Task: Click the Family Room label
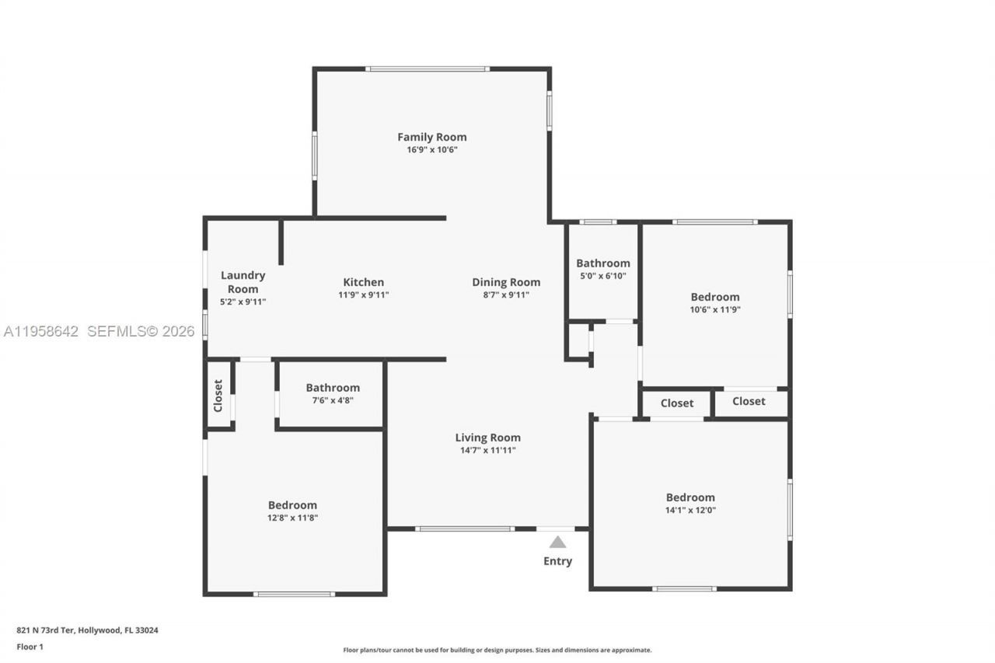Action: [x=432, y=138]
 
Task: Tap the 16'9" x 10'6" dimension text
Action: [x=432, y=150]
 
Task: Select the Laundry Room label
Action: [x=243, y=282]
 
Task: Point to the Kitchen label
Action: [x=364, y=282]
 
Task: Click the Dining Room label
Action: [x=506, y=282]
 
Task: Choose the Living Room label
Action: [x=487, y=438]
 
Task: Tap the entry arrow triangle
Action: [x=557, y=542]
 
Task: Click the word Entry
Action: [x=557, y=561]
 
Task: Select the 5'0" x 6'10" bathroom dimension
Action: [x=602, y=276]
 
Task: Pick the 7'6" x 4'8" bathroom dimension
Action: [x=332, y=400]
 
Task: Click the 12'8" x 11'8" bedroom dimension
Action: [x=292, y=518]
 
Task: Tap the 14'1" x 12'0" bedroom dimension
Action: [x=690, y=511]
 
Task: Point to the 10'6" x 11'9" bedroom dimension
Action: [x=715, y=309]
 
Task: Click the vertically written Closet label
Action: [x=218, y=396]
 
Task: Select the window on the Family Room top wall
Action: [x=428, y=69]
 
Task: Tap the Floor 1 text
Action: [x=30, y=646]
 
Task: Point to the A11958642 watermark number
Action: [x=41, y=332]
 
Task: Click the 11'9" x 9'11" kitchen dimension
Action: [x=364, y=295]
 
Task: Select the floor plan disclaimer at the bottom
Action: [x=497, y=650]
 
